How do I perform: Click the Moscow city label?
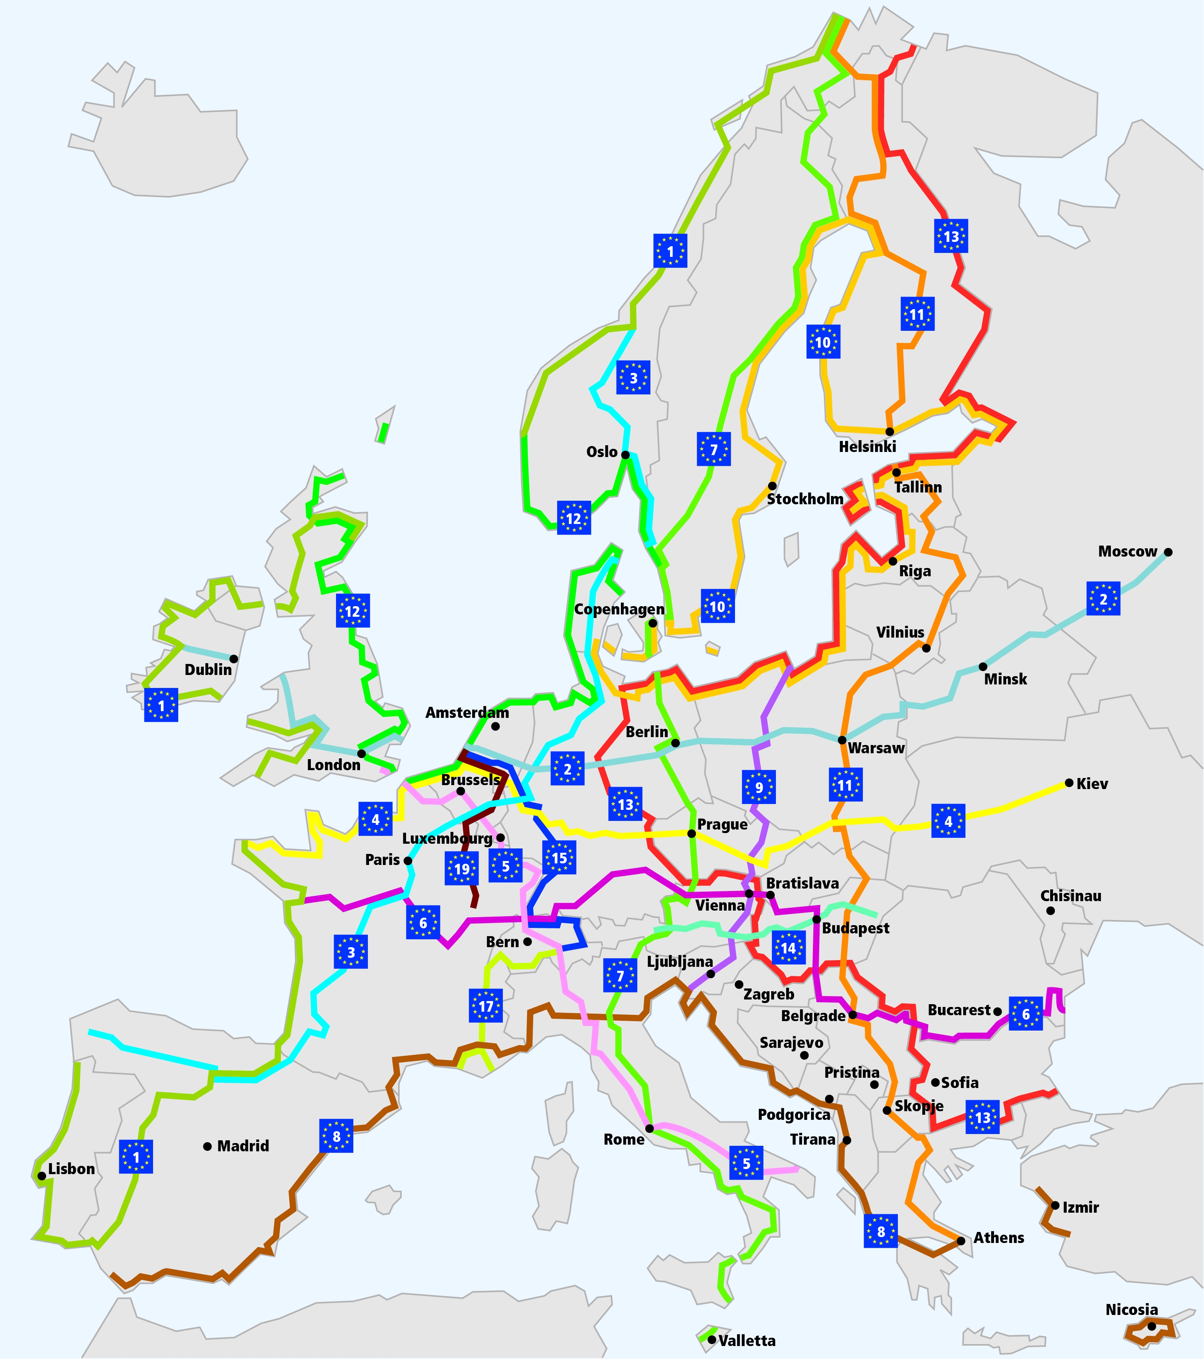(x=1128, y=551)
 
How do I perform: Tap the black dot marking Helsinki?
(x=889, y=431)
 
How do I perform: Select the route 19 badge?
(x=462, y=869)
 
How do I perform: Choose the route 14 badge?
(x=789, y=948)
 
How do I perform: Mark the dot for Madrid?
(x=207, y=1146)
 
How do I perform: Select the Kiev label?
(x=1092, y=783)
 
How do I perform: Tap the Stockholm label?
(x=805, y=499)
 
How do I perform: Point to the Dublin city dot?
(x=233, y=659)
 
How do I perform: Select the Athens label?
(x=999, y=1237)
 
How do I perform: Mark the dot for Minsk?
(x=982, y=666)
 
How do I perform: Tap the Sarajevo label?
(x=791, y=1042)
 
